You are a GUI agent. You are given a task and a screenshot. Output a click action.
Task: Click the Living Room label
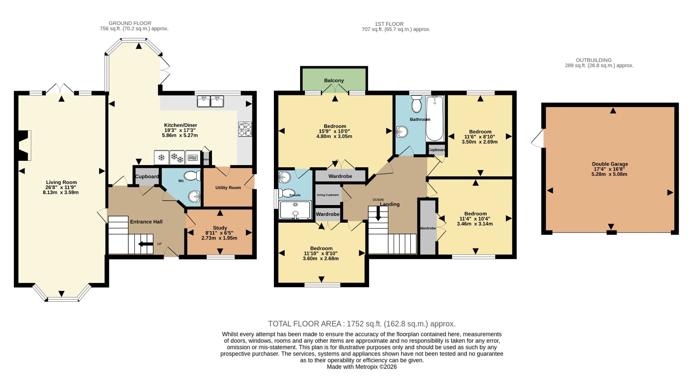click(x=61, y=182)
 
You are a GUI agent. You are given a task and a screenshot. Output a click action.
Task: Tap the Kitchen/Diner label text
click(x=180, y=125)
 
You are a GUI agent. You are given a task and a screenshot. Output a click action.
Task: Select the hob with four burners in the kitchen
click(x=245, y=129)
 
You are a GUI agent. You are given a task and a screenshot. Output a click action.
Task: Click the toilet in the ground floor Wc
click(x=192, y=176)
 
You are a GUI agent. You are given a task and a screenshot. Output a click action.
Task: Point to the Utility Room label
click(x=228, y=187)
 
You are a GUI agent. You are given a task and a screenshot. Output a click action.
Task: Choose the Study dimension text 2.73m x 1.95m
click(x=219, y=238)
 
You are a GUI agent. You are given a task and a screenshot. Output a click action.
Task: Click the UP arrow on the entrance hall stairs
click(x=146, y=244)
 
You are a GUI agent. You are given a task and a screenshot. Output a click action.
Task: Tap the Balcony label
click(x=334, y=80)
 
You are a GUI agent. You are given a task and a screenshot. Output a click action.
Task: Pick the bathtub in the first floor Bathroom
click(x=435, y=118)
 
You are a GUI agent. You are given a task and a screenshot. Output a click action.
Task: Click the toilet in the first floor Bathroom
click(x=417, y=104)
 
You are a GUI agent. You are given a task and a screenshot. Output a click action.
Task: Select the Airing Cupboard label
click(x=328, y=195)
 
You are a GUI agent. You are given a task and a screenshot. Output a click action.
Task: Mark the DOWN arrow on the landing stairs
click(x=378, y=214)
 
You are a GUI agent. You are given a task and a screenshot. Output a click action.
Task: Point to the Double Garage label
click(x=610, y=164)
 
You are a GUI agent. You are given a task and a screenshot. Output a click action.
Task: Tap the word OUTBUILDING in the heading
click(x=594, y=60)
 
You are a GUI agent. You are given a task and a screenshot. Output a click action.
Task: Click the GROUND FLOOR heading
click(x=130, y=23)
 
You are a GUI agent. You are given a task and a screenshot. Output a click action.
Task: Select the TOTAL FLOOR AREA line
click(x=362, y=324)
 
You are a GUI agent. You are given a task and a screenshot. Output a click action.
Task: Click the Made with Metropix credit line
click(x=362, y=367)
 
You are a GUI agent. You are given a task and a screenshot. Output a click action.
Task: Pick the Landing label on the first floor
click(x=390, y=204)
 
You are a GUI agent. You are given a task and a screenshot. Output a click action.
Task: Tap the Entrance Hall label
click(x=146, y=221)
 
